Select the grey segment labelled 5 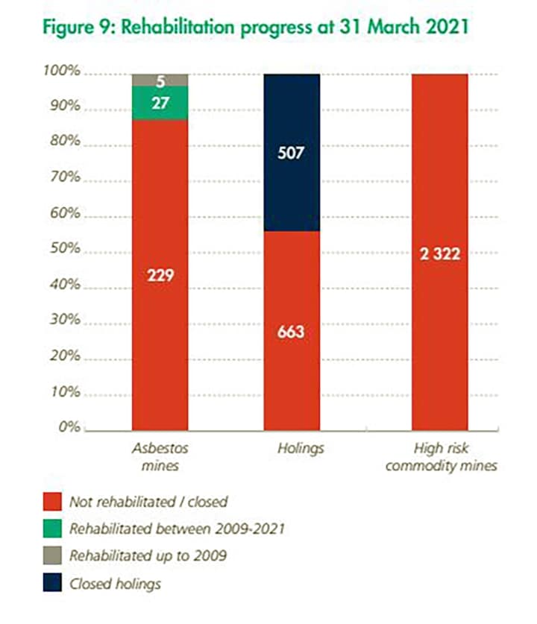(x=160, y=81)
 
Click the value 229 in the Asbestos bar (x=160, y=275)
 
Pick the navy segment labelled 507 (x=292, y=154)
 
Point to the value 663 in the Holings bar (x=292, y=331)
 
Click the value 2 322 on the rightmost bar (x=439, y=254)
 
